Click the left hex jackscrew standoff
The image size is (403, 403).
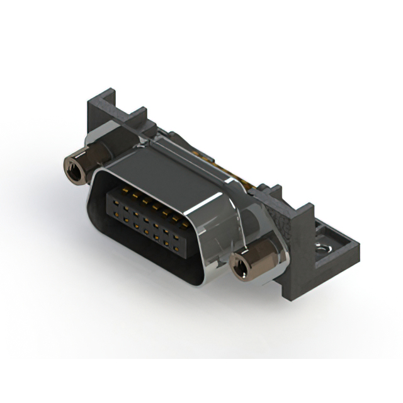point(79,166)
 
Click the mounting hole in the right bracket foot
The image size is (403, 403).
point(324,249)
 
